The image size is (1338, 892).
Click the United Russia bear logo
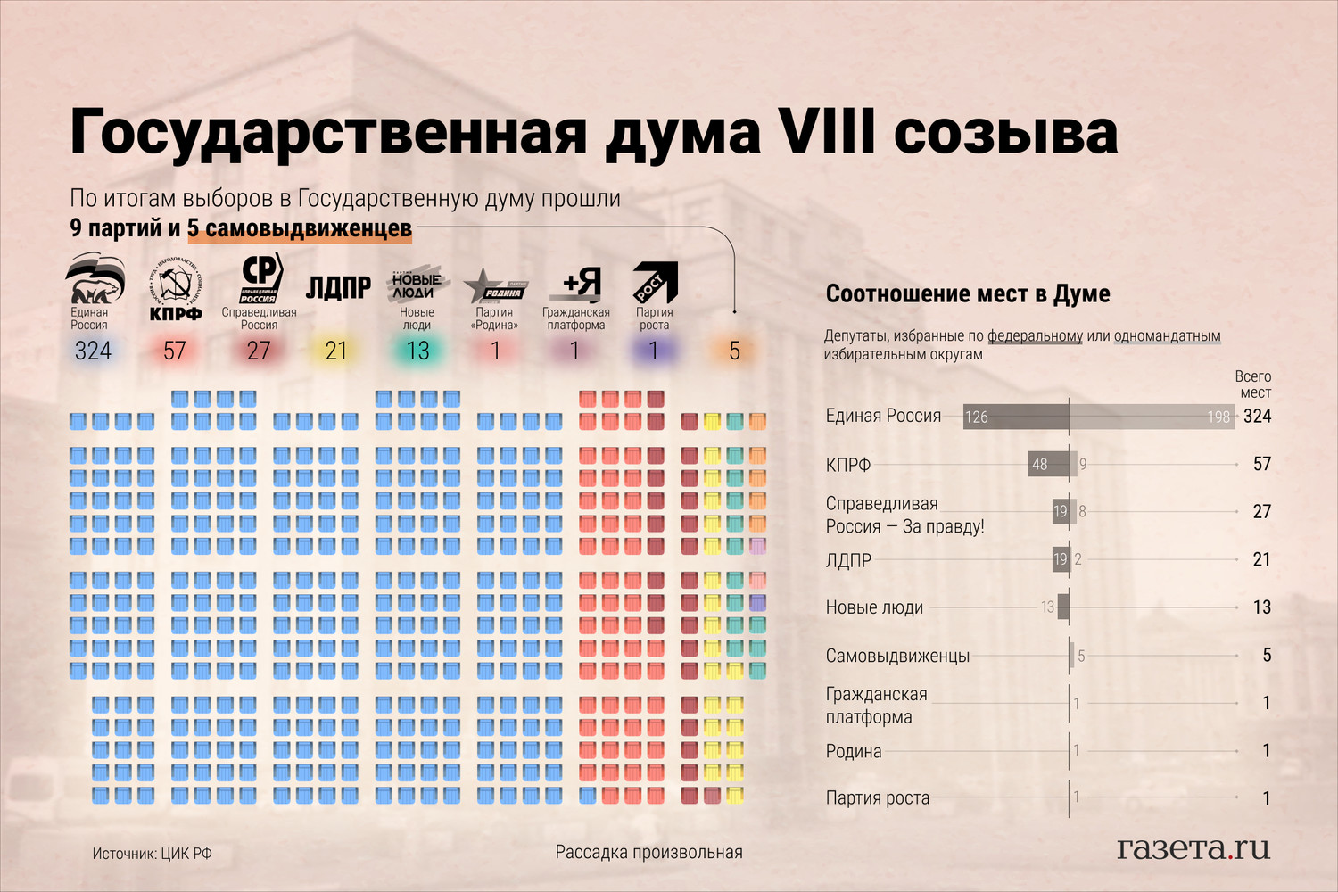[94, 278]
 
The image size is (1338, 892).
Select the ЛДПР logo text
[338, 287]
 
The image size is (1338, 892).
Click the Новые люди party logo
[416, 285]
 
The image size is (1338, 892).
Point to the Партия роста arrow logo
[655, 283]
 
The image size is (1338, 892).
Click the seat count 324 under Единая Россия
[93, 351]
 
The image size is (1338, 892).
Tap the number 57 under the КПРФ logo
[175, 351]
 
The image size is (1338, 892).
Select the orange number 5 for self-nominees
[734, 351]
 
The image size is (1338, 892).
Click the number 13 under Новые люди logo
[417, 351]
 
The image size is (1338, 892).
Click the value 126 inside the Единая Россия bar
[977, 417]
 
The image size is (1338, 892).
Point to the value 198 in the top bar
[1218, 417]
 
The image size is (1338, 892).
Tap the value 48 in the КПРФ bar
[1039, 464]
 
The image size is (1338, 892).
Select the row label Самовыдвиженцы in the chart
[897, 656]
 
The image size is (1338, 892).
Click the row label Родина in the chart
[854, 751]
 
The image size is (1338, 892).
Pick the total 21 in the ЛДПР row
[1261, 559]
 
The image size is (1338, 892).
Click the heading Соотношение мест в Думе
[968, 293]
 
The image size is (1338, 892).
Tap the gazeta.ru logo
[1193, 847]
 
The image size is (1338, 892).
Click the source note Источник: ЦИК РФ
[153, 854]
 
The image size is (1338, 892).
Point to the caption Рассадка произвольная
[648, 852]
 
